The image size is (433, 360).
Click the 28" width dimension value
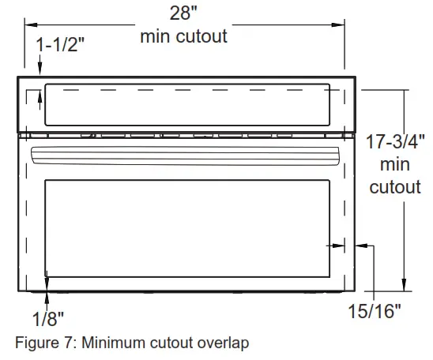click(x=184, y=13)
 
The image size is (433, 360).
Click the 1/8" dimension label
click(x=48, y=318)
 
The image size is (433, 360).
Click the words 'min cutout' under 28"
click(x=184, y=36)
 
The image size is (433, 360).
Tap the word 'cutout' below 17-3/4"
click(x=395, y=187)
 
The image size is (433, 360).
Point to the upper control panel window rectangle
click(x=187, y=105)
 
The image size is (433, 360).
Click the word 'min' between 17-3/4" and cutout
click(x=395, y=166)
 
